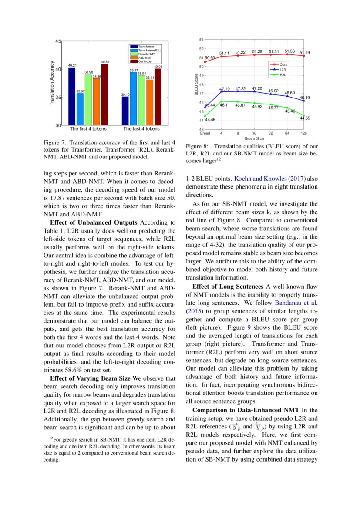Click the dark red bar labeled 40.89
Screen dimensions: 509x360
coord(104,95)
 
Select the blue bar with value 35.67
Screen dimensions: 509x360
coord(80,109)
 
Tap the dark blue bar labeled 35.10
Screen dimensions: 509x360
coord(125,111)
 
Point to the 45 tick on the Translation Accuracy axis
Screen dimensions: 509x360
coord(58,41)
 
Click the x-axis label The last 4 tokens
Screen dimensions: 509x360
coord(141,129)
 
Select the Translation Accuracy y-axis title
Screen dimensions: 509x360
coord(52,83)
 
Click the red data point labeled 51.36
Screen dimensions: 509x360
coord(287,54)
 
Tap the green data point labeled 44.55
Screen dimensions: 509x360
coord(303,115)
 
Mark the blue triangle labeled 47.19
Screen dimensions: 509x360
coord(221,92)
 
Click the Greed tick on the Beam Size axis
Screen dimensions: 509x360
coord(205,133)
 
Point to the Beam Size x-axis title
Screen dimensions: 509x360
coord(254,138)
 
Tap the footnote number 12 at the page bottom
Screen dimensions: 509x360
coord(50,438)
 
